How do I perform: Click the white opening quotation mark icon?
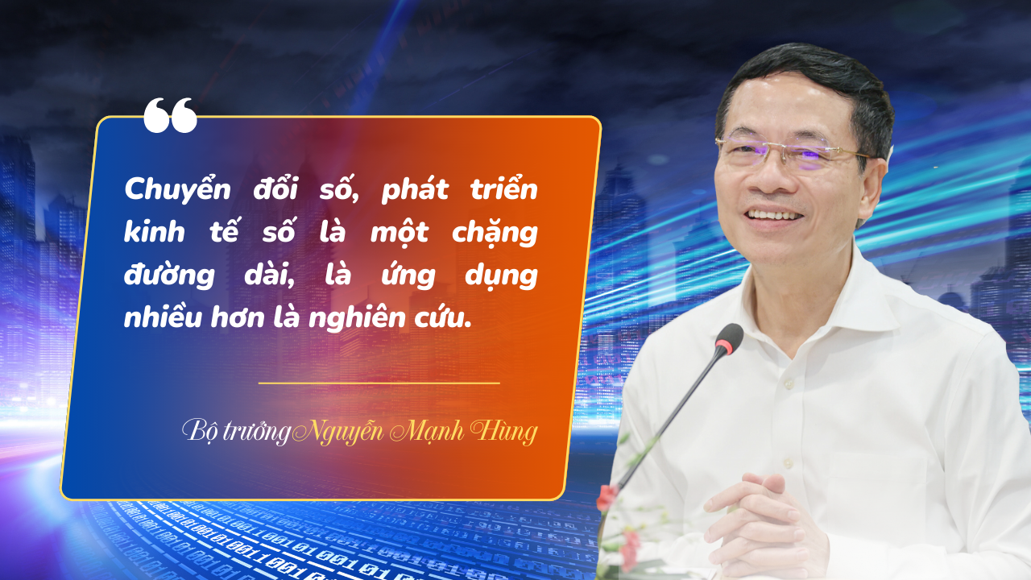(x=170, y=115)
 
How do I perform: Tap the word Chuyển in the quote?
(x=177, y=189)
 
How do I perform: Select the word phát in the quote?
(x=415, y=189)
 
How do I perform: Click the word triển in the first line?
(x=504, y=188)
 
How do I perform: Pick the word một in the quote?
(x=400, y=233)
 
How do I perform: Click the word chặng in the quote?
(x=495, y=234)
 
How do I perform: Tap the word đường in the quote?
(x=169, y=275)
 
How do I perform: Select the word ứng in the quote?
(x=408, y=275)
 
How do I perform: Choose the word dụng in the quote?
(x=501, y=276)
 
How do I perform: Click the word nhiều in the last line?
(x=163, y=317)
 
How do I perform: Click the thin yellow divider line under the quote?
(x=379, y=383)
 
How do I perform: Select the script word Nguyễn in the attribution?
(x=338, y=433)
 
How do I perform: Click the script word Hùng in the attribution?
(x=504, y=433)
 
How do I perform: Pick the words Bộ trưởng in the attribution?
(x=236, y=432)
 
